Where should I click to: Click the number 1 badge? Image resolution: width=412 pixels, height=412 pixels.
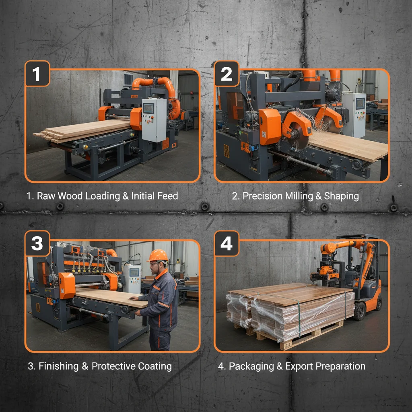coord(37,74)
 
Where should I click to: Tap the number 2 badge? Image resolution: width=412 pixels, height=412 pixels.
coord(227,74)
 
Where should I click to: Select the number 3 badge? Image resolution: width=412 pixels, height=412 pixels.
coord(37,243)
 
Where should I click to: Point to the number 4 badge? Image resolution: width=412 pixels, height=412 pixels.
coord(227,243)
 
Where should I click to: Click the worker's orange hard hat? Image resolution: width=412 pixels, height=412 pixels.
coord(158,255)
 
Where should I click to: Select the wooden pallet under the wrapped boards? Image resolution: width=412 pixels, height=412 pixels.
coord(298,336)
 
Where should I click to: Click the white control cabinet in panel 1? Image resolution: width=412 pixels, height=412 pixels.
coord(154,119)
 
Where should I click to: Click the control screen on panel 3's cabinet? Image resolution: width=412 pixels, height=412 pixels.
coord(134,272)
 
